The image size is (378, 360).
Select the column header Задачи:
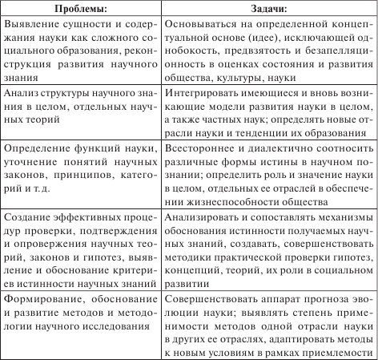[x=269, y=10]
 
